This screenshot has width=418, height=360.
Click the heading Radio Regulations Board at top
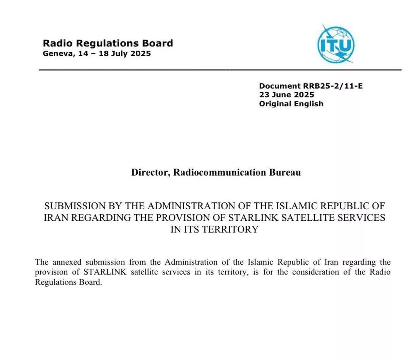[x=108, y=43]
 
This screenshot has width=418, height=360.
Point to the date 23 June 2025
[x=286, y=95]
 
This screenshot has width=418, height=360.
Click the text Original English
[x=291, y=104]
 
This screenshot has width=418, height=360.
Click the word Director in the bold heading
[x=149, y=172]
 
